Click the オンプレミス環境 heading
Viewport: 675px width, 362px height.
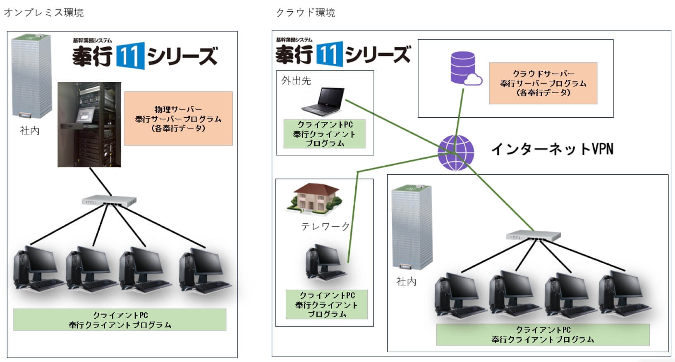pos(44,12)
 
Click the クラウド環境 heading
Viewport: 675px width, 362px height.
pos(305,12)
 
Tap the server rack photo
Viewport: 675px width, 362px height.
pos(89,124)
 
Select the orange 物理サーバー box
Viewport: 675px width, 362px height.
pos(178,119)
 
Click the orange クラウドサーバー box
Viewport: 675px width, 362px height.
pos(543,83)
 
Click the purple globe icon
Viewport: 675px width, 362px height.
pos(456,153)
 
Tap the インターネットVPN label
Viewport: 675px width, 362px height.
pos(552,149)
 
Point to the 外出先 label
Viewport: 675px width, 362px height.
pos(296,81)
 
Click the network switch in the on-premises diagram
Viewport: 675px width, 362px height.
pos(109,200)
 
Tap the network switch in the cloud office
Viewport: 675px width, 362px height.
pos(533,236)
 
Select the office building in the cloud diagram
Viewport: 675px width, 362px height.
pos(412,227)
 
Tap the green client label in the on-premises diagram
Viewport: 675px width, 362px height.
pos(120,320)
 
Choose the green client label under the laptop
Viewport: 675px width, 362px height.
pos(324,134)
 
